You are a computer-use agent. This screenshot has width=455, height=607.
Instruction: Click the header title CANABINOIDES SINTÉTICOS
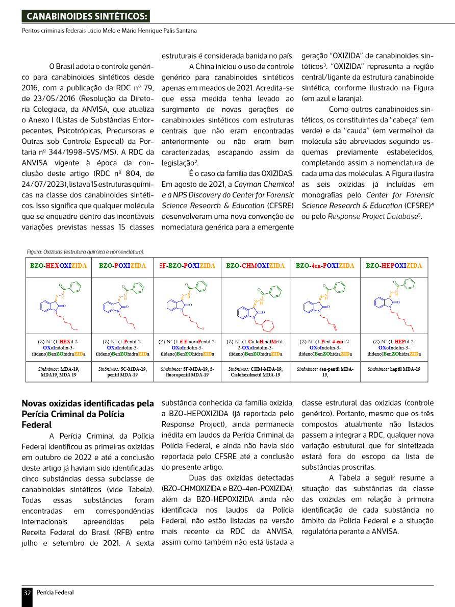click(85, 17)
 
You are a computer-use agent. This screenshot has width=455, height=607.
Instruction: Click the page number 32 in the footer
click(27, 592)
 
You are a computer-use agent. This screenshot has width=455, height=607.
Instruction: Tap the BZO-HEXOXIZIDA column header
click(59, 266)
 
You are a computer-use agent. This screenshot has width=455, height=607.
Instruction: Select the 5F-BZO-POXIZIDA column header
click(187, 266)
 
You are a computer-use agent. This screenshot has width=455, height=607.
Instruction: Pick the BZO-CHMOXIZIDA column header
click(255, 266)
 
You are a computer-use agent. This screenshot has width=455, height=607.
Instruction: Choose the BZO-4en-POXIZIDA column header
click(325, 266)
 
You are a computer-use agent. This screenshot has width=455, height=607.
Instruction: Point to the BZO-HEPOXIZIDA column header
click(394, 266)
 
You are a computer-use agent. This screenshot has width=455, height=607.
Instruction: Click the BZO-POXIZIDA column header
click(122, 266)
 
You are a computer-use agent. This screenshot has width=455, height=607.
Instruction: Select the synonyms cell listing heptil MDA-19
click(394, 368)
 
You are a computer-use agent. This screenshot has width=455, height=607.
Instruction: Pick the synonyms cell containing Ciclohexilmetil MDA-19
click(255, 371)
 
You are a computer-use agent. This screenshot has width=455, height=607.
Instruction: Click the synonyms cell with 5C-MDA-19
click(122, 371)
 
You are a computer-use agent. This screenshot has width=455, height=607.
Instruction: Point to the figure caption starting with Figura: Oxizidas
click(86, 251)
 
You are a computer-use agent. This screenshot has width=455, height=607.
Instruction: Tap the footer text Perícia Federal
click(55, 592)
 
